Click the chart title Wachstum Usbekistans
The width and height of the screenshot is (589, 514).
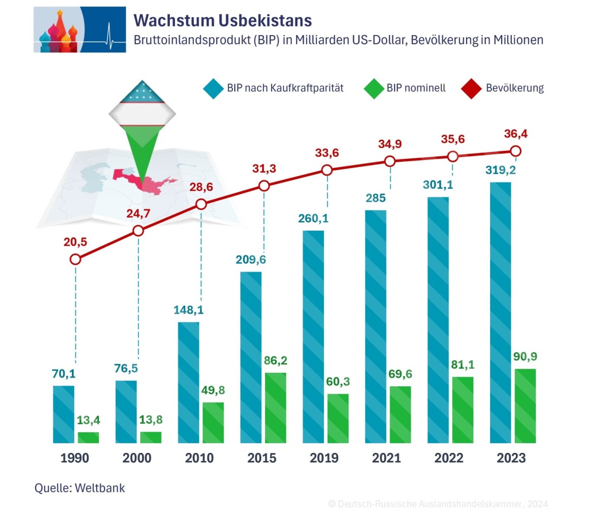(223, 21)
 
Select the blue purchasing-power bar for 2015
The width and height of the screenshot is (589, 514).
(251, 357)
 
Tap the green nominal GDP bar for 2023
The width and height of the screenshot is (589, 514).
(525, 406)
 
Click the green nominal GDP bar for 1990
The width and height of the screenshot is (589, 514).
(89, 437)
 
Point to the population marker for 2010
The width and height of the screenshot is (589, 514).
(201, 204)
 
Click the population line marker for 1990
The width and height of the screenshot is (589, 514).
(75, 260)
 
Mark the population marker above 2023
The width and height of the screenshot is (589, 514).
(516, 151)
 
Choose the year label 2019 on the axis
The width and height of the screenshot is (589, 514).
(324, 459)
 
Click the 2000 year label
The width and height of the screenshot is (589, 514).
(137, 459)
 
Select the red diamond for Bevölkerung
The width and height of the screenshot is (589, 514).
(470, 89)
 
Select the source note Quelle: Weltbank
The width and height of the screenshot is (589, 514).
(79, 488)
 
